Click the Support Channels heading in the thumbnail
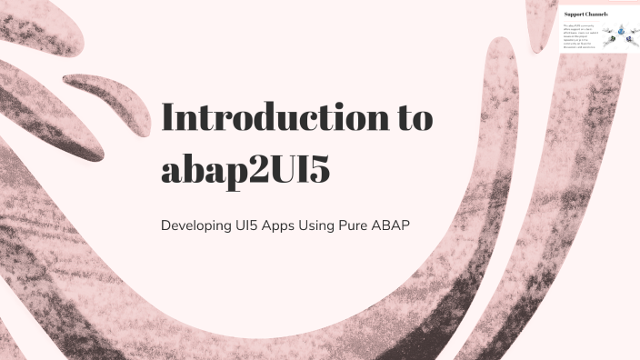tap(585, 14)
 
